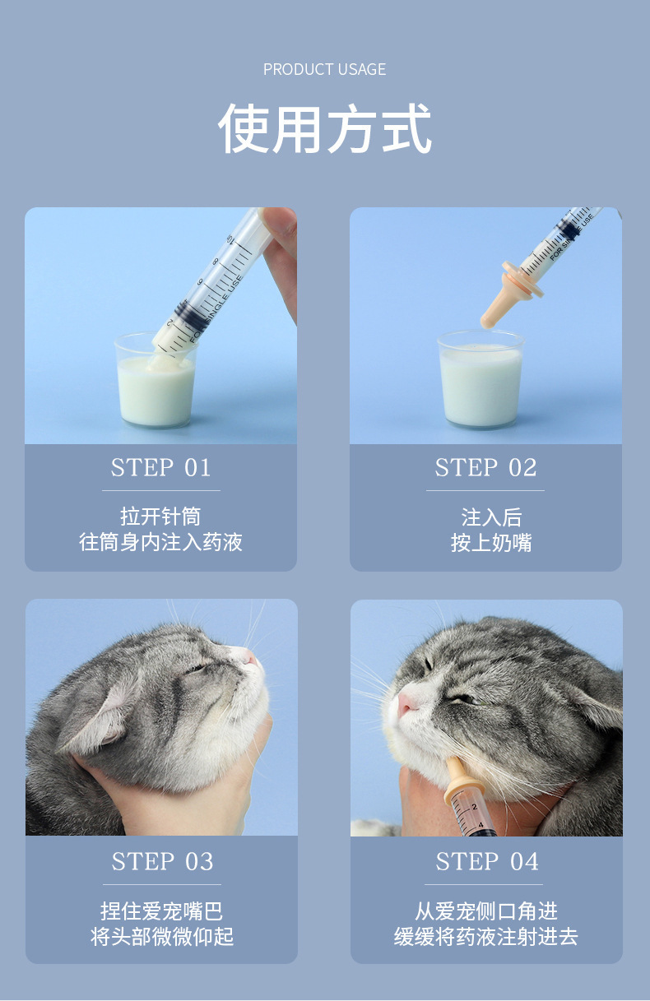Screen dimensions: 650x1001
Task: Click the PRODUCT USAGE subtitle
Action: click(x=324, y=69)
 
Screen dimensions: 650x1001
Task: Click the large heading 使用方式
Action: click(x=325, y=128)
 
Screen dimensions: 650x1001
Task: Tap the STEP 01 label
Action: click(x=161, y=468)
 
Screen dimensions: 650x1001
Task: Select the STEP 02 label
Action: click(x=485, y=468)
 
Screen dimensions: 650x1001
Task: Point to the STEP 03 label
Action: click(x=162, y=861)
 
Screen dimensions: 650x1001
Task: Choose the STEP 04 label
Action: click(x=487, y=861)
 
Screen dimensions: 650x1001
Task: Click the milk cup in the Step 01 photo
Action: click(x=156, y=380)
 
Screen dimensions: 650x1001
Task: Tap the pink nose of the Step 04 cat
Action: click(x=406, y=704)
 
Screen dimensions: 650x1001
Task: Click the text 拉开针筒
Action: click(x=161, y=517)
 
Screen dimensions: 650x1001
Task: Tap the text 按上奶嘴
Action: click(x=491, y=543)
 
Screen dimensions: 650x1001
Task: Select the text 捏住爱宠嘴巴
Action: click(x=161, y=911)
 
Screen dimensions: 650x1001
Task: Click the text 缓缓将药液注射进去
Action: click(x=486, y=937)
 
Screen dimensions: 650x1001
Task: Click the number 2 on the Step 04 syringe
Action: click(x=474, y=807)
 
